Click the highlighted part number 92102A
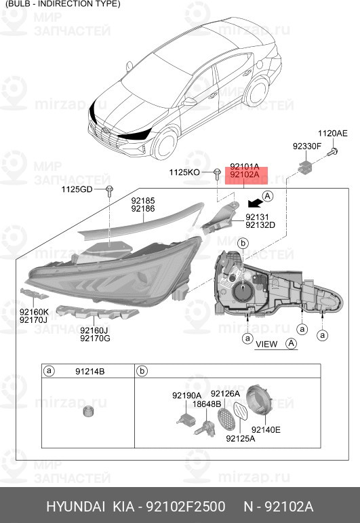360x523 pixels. point(244,174)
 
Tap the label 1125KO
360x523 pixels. point(184,173)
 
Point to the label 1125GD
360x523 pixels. point(76,189)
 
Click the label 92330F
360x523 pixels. point(307,146)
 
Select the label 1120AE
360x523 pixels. point(333,134)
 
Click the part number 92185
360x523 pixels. point(143,201)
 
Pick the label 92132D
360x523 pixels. point(260,225)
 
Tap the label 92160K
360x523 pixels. point(33,311)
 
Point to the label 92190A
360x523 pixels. point(186,395)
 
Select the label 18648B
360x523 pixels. point(206,404)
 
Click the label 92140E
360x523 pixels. point(266,429)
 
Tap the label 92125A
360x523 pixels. point(240,438)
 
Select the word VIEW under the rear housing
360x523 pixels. point(266,344)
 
